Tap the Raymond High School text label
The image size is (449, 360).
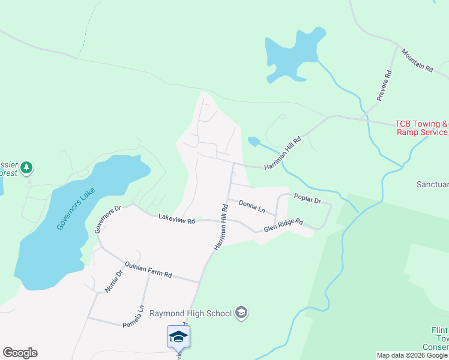190,313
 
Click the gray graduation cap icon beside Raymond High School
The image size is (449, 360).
241,313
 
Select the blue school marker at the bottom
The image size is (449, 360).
178,337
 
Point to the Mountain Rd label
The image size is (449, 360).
417,61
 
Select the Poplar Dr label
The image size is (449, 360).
307,198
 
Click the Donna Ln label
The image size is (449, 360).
252,207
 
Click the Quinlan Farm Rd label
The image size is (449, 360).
148,270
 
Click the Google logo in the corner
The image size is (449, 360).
20,353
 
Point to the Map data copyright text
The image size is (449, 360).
412,355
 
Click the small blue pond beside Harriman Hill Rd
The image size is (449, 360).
253,142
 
